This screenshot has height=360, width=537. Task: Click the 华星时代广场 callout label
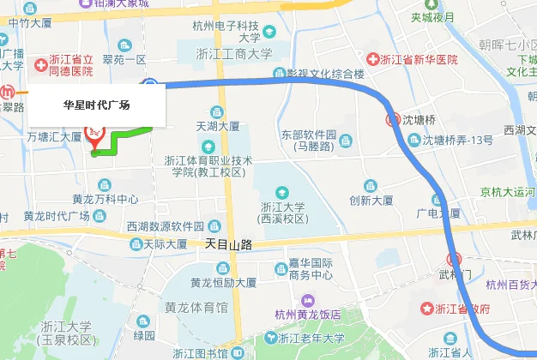[97, 105]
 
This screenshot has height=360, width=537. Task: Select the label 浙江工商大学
[234, 53]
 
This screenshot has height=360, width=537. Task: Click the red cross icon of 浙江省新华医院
[372, 59]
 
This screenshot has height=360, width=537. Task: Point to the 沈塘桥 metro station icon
[394, 119]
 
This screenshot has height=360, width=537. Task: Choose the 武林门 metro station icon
[455, 258]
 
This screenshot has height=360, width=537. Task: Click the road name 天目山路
[229, 244]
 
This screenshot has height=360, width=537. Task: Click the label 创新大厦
[371, 200]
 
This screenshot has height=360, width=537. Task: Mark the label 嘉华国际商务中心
[311, 269]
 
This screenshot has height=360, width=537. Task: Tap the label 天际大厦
[166, 244]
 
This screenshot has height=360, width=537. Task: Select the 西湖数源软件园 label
[165, 226]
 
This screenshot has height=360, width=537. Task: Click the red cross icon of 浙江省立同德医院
[40, 65]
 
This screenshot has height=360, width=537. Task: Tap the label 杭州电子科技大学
[238, 32]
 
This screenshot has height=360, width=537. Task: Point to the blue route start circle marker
[150, 84]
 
